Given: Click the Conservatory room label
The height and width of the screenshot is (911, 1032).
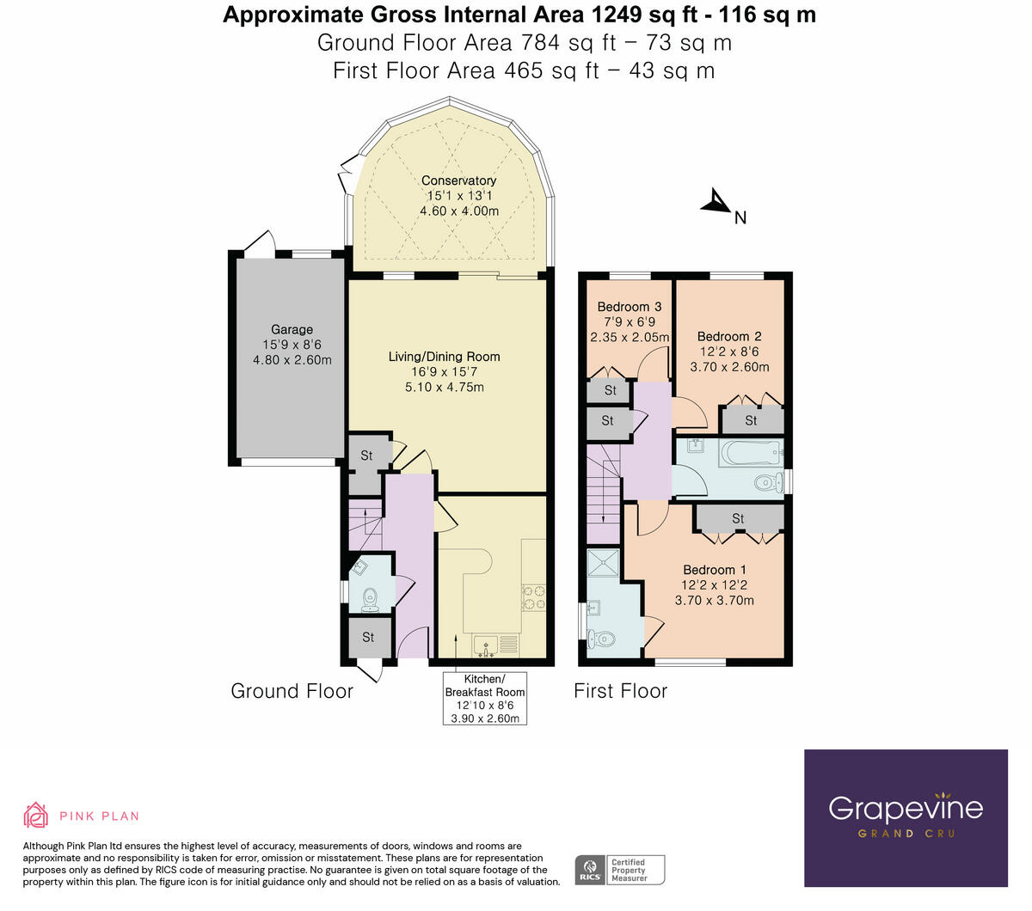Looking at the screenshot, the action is [x=458, y=180].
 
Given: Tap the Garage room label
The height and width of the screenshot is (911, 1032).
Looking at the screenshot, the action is [x=292, y=329].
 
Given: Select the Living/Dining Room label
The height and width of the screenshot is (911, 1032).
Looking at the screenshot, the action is [x=444, y=357].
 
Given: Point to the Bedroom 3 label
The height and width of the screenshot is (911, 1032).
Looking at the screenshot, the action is [x=629, y=307].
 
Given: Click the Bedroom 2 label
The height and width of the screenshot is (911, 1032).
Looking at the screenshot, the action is [x=729, y=337].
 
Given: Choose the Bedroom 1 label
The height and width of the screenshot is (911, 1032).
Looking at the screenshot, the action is [x=714, y=570].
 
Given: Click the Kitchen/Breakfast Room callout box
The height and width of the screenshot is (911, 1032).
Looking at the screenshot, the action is [x=484, y=698].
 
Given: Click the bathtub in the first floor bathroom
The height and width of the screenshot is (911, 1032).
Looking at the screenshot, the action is [x=751, y=453].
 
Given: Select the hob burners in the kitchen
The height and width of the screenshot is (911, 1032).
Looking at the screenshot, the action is [x=534, y=597].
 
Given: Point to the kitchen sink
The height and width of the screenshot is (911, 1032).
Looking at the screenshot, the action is [x=486, y=645].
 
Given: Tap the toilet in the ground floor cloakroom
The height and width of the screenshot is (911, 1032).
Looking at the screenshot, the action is [x=370, y=599].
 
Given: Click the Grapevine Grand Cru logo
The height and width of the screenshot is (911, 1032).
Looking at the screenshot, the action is [x=906, y=818].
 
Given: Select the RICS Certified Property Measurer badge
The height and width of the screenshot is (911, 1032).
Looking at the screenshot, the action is [x=619, y=870].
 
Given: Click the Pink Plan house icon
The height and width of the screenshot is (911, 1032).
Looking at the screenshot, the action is [x=35, y=816].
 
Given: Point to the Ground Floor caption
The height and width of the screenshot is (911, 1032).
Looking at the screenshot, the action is [x=292, y=691].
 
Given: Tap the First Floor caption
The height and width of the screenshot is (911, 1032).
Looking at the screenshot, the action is [x=620, y=691].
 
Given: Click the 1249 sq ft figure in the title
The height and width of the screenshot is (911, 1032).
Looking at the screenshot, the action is [x=644, y=15].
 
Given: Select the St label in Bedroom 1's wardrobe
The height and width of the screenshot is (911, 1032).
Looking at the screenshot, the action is [x=738, y=518].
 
